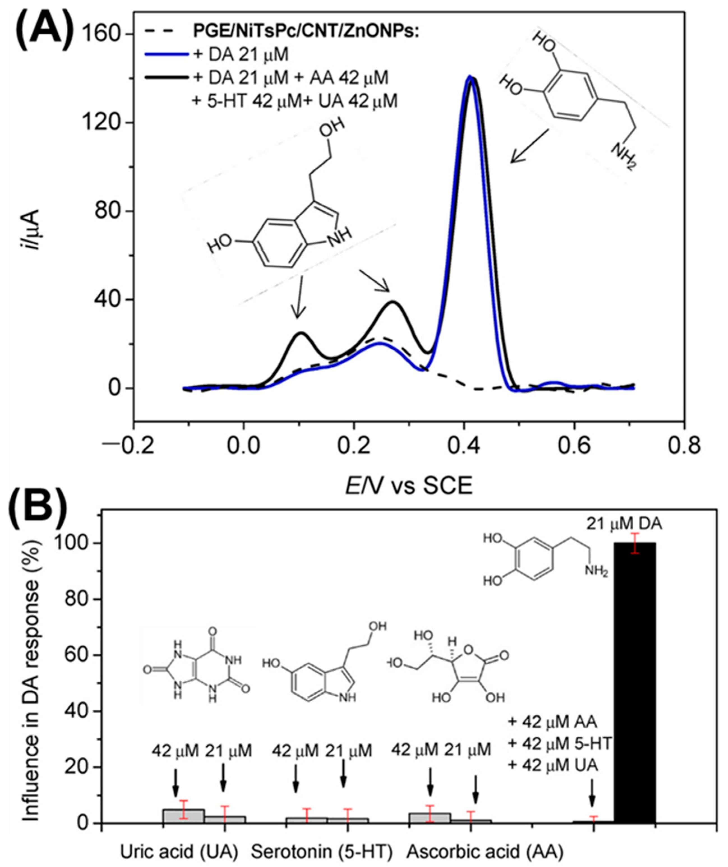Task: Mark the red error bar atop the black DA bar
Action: pos(635,543)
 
